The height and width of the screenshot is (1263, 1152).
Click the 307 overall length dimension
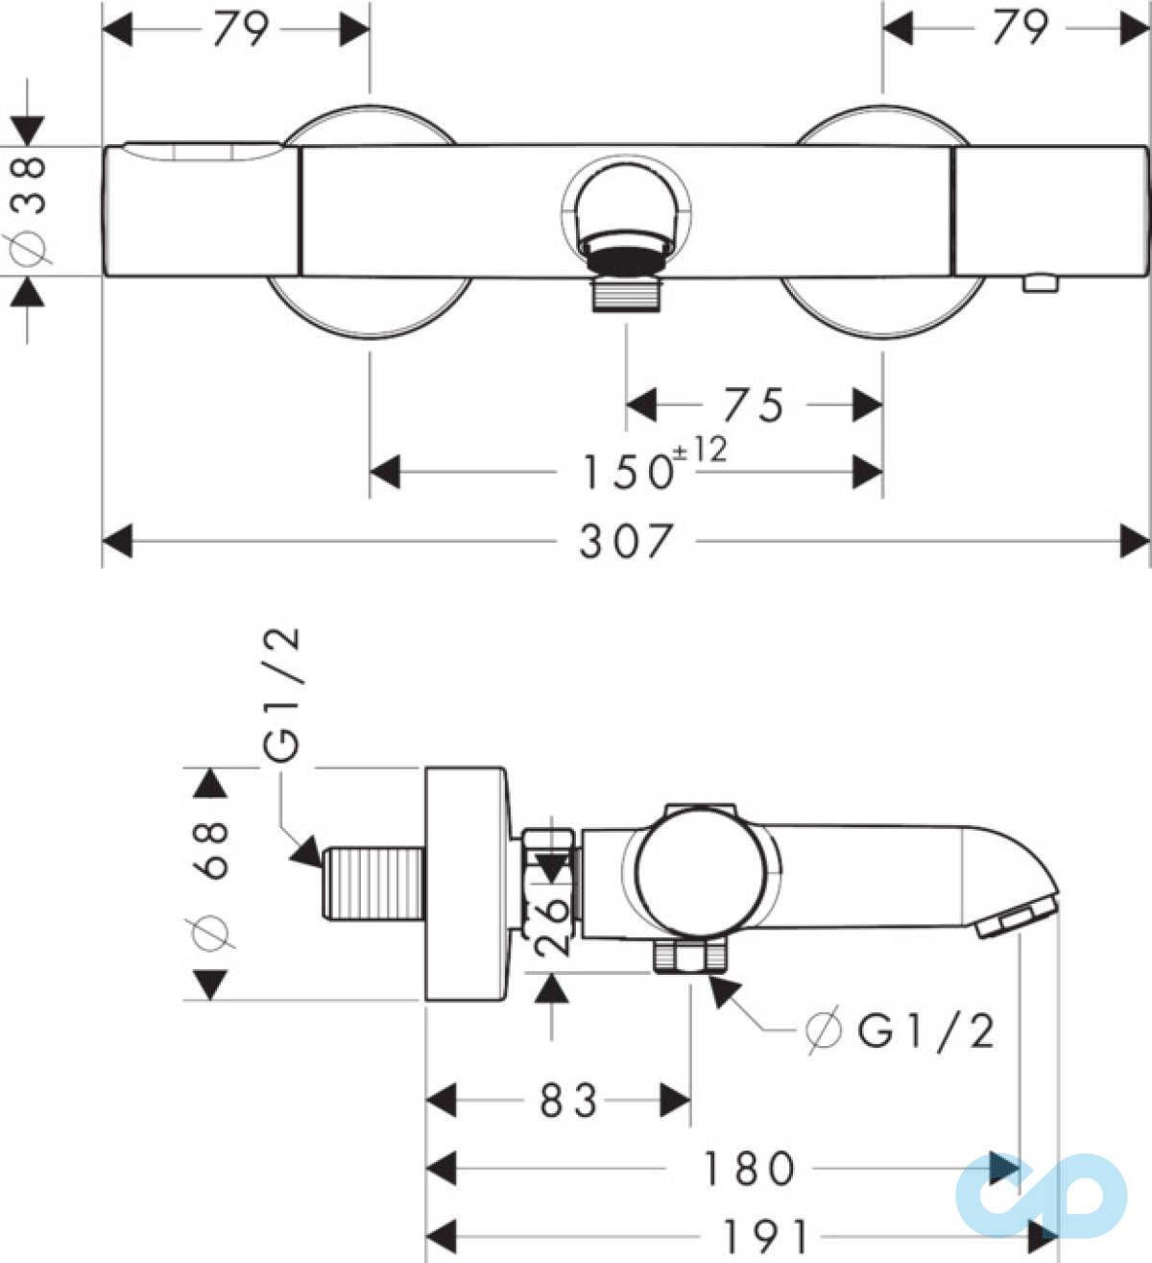(625, 542)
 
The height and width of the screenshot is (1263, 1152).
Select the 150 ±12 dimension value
(655, 465)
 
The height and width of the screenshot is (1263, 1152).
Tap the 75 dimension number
(754, 405)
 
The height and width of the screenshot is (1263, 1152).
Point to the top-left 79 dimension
(242, 29)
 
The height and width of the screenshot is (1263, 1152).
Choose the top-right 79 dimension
(1021, 28)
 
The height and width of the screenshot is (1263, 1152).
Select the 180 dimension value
(749, 1168)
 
